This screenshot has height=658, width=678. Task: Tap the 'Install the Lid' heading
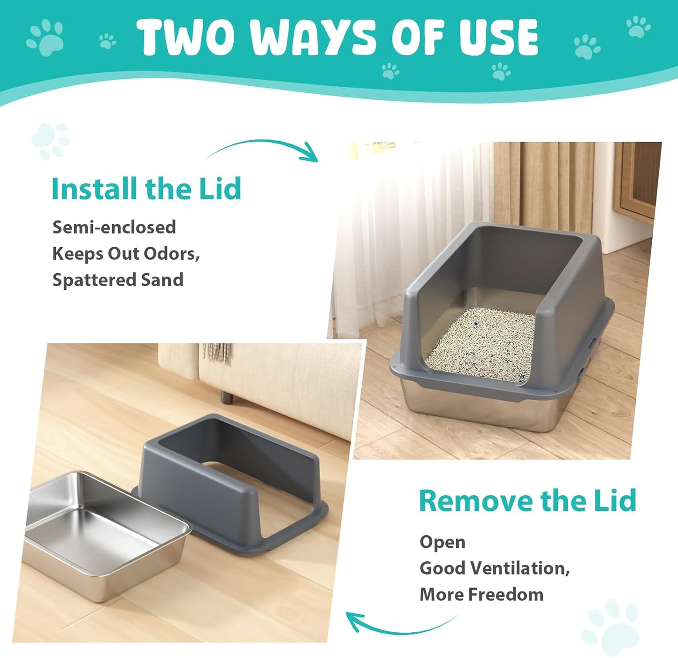[146, 189]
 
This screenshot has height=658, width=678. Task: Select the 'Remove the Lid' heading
[527, 500]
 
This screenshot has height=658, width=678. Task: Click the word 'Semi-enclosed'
[114, 227]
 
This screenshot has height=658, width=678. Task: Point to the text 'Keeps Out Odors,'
[126, 253]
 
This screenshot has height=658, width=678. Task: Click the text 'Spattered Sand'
[118, 280]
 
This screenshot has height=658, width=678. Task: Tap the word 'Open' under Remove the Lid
[442, 542]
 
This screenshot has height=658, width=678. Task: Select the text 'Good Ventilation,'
[495, 568]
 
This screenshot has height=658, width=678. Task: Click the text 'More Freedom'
[481, 594]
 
